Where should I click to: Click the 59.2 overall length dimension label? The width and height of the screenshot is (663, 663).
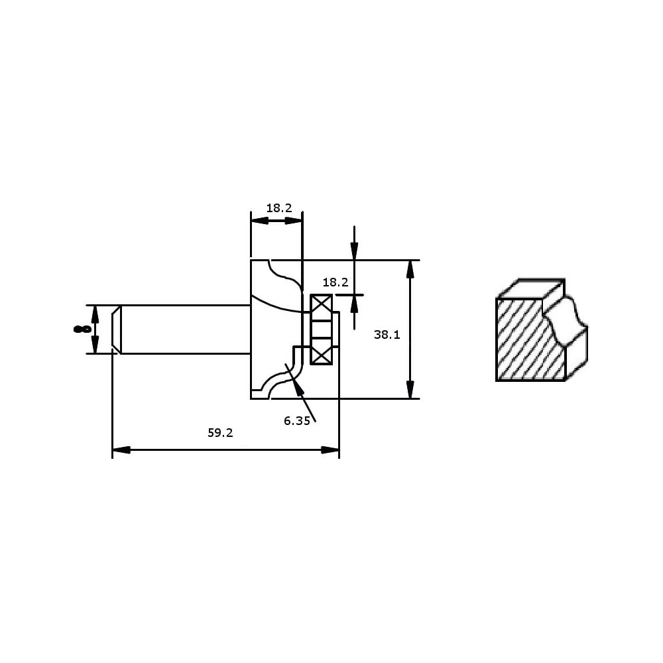pyautogui.click(x=220, y=432)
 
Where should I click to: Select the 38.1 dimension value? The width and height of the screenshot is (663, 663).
pyautogui.click(x=387, y=334)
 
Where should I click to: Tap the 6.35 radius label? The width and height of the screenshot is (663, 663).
pyautogui.click(x=297, y=421)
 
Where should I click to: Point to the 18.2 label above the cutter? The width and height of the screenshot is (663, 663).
pyautogui.click(x=279, y=208)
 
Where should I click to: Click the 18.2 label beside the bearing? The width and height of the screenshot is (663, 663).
pyautogui.click(x=335, y=282)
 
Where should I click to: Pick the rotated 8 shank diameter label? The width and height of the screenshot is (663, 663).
pyautogui.click(x=82, y=329)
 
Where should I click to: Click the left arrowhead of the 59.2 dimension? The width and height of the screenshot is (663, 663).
pyautogui.click(x=121, y=450)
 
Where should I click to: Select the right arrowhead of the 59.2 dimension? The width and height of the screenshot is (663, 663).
pyautogui.click(x=330, y=450)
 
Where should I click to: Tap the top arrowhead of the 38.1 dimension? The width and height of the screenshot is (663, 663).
pyautogui.click(x=410, y=269)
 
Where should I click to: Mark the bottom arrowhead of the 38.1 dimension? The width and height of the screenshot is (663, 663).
pyautogui.click(x=410, y=389)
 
